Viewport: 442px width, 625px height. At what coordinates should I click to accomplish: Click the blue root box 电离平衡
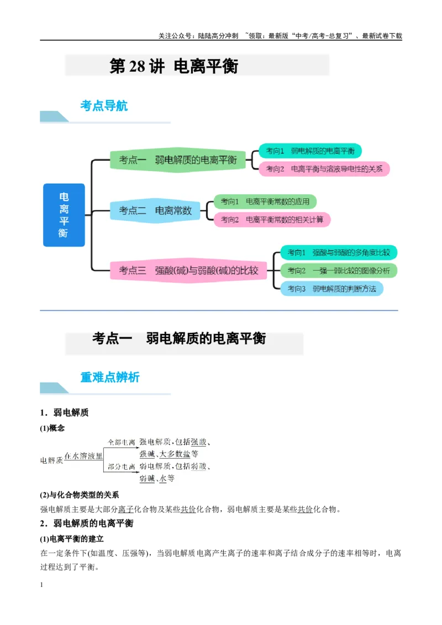click(64, 215)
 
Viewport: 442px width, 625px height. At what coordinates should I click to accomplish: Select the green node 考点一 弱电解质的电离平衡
click(178, 160)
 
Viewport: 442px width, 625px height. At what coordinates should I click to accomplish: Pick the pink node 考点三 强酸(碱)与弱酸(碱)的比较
click(189, 270)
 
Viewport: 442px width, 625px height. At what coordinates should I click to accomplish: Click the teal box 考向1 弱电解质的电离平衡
click(310, 151)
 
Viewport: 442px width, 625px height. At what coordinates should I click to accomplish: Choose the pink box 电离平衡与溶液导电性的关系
click(324, 169)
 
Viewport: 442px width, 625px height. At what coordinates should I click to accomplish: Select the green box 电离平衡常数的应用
click(265, 202)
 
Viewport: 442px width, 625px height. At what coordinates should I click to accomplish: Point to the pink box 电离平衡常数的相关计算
click(272, 220)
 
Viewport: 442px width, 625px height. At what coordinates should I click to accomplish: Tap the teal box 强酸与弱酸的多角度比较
click(339, 252)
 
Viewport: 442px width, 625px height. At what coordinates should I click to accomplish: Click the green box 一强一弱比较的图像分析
click(339, 271)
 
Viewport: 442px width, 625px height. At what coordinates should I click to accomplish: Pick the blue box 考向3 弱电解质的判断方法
click(331, 289)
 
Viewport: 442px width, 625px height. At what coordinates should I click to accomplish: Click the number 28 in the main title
click(137, 66)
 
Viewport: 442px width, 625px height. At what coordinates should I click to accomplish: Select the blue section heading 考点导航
click(104, 105)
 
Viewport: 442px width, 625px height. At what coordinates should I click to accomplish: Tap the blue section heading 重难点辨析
click(110, 377)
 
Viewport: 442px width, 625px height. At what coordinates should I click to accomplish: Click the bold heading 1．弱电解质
click(64, 412)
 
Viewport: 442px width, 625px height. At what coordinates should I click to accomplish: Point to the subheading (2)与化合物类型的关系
click(80, 495)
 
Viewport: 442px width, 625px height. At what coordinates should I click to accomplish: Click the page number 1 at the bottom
click(41, 585)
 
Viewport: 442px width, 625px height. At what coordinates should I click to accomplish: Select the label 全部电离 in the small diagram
click(122, 442)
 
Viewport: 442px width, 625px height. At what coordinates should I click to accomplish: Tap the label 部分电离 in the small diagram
click(122, 467)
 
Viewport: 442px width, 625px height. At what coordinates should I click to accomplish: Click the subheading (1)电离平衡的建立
click(72, 539)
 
